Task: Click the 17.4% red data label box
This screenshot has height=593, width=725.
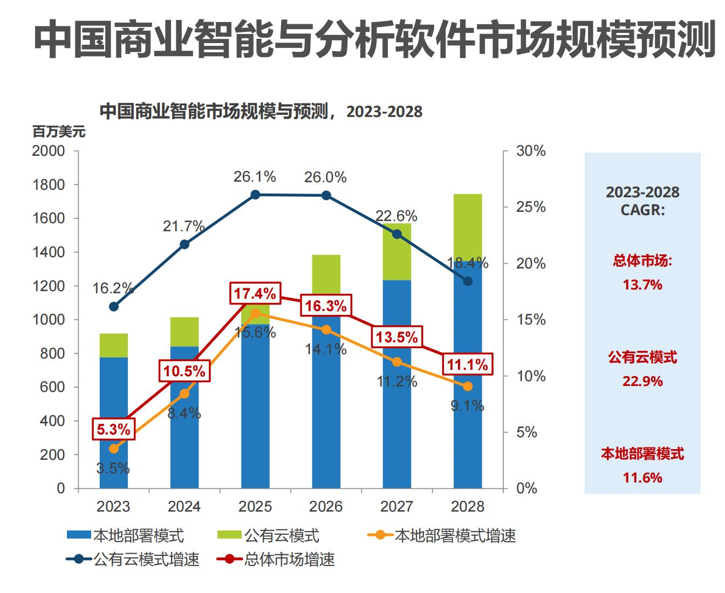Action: point(255,294)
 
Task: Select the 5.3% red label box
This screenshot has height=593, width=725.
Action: point(113,430)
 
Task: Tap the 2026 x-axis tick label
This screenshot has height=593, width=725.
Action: point(326,507)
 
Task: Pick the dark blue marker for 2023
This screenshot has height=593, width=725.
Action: point(114,307)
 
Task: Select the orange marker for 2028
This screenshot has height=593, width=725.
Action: point(468,387)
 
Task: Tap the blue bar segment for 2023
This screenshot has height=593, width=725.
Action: point(114,423)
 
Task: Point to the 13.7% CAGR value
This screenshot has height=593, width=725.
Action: point(642,285)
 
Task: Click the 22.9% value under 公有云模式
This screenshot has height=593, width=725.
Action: point(642,381)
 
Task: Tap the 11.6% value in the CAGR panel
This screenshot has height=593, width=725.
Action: point(642,478)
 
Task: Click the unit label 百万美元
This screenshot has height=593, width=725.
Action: point(59,132)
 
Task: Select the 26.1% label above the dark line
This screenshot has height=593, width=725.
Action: point(255,177)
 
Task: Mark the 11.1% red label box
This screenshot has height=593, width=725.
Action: point(467,365)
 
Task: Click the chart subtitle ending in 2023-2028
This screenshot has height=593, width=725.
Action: point(261,112)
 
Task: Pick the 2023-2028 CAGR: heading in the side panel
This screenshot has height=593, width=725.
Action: point(642,201)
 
